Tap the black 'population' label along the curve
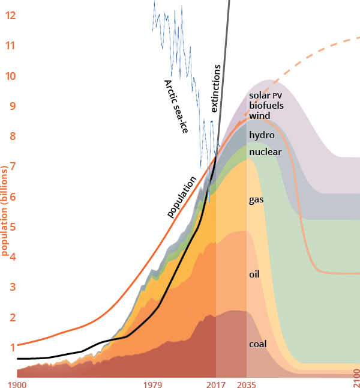pos(182,196)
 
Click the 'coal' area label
pos(257,345)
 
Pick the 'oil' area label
pos(254,274)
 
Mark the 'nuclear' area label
pos(265,151)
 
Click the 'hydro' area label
pos(262,135)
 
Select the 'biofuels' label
pos(266,105)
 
